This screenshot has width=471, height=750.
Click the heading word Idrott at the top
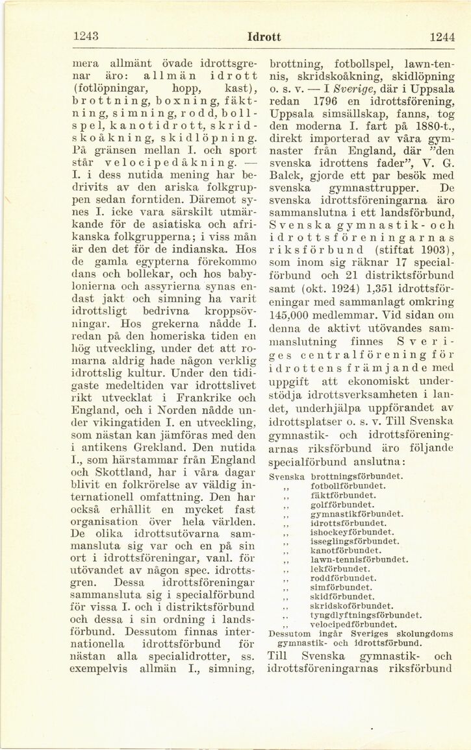coord(264,37)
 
